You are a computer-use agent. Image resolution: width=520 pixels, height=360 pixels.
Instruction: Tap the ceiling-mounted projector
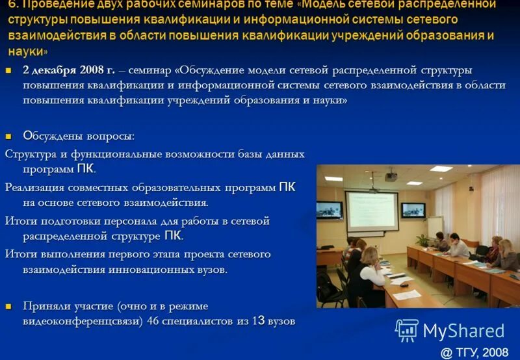pyautogui.click(x=391, y=176)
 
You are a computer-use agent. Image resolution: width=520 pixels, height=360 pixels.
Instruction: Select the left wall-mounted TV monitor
pyautogui.click(x=330, y=210)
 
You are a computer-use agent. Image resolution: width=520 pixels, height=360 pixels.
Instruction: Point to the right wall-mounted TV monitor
pyautogui.click(x=413, y=210)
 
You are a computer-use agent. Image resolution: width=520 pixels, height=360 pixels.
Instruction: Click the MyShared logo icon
pyautogui.click(x=407, y=331)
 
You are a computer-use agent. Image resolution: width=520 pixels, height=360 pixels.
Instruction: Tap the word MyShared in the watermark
pyautogui.click(x=463, y=331)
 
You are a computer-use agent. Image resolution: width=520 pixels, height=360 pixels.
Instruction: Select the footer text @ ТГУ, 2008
pyautogui.click(x=474, y=352)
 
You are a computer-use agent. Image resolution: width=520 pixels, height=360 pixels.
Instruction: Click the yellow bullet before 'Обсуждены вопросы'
pyautogui.click(x=9, y=136)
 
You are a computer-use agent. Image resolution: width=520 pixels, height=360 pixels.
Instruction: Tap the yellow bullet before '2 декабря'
pyautogui.click(x=9, y=70)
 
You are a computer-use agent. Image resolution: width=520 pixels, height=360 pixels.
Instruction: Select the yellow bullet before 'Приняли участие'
pyautogui.click(x=9, y=306)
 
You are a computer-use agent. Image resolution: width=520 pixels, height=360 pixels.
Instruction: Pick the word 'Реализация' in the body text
pyautogui.click(x=36, y=188)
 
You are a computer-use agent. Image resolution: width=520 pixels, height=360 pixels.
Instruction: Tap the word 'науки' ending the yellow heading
pyautogui.click(x=26, y=51)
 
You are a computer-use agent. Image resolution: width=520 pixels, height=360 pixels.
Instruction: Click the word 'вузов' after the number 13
pyautogui.click(x=281, y=321)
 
